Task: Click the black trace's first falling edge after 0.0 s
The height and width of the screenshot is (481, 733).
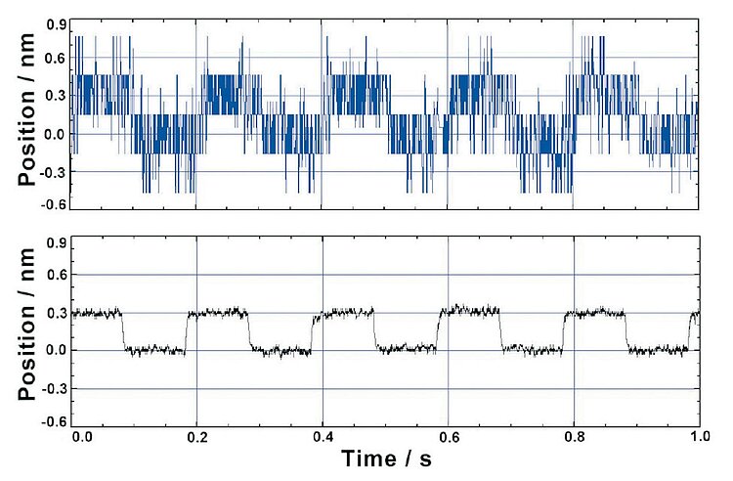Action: (123, 332)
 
